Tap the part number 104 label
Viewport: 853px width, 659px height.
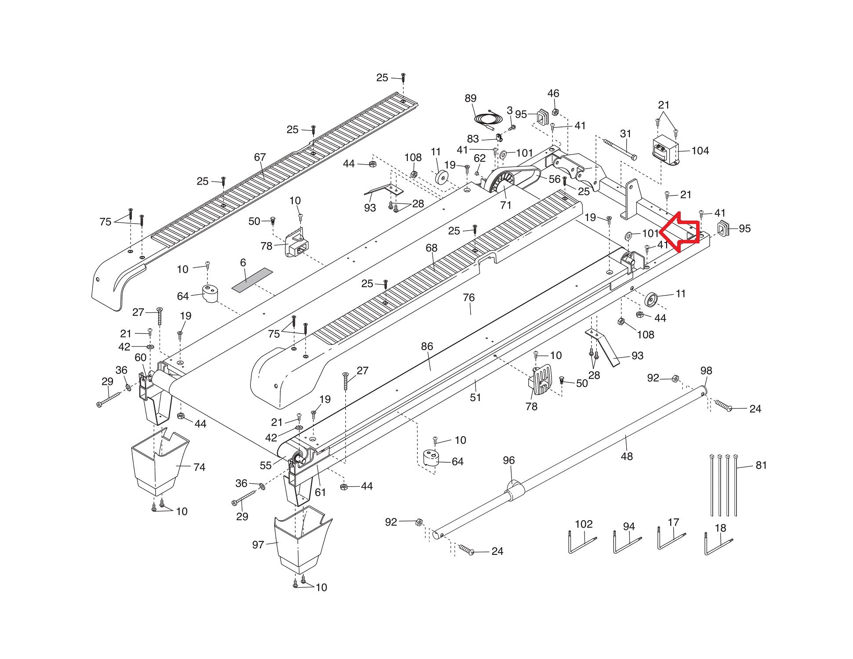coord(700,151)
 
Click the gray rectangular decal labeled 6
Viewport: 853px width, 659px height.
coord(252,280)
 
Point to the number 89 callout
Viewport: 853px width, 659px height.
coord(470,98)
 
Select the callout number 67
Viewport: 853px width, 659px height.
coord(260,157)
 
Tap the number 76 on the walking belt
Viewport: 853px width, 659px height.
coord(468,297)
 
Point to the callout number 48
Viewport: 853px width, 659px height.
coord(627,456)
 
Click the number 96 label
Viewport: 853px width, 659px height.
coord(508,460)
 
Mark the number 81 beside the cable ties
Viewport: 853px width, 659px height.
coord(761,465)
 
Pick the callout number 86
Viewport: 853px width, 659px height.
coord(427,346)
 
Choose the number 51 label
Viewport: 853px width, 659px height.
coord(476,397)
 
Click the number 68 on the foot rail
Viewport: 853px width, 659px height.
coord(432,248)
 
